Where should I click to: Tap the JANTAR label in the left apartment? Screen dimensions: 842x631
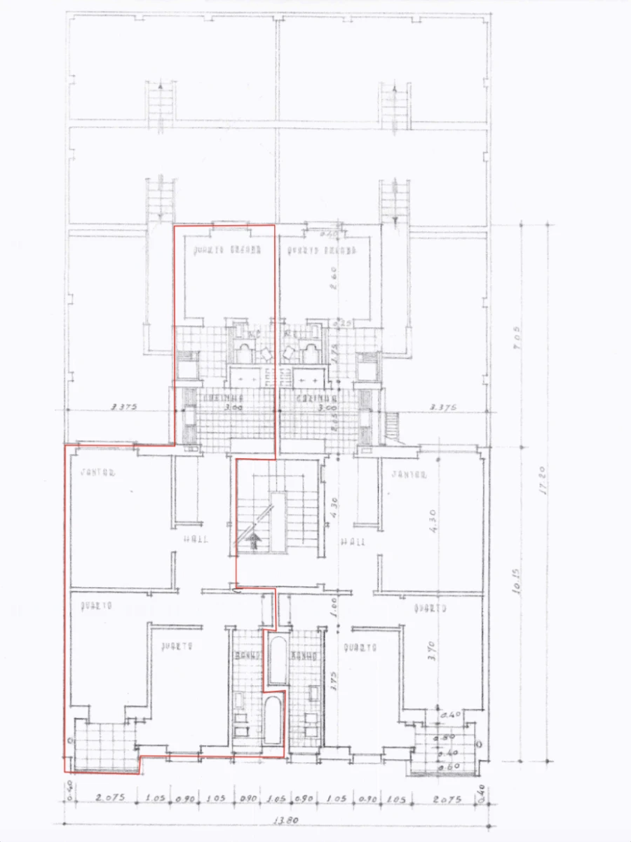click(97, 473)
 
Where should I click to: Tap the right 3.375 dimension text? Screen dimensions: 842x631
click(443, 406)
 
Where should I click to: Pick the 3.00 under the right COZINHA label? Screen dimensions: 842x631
click(323, 407)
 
